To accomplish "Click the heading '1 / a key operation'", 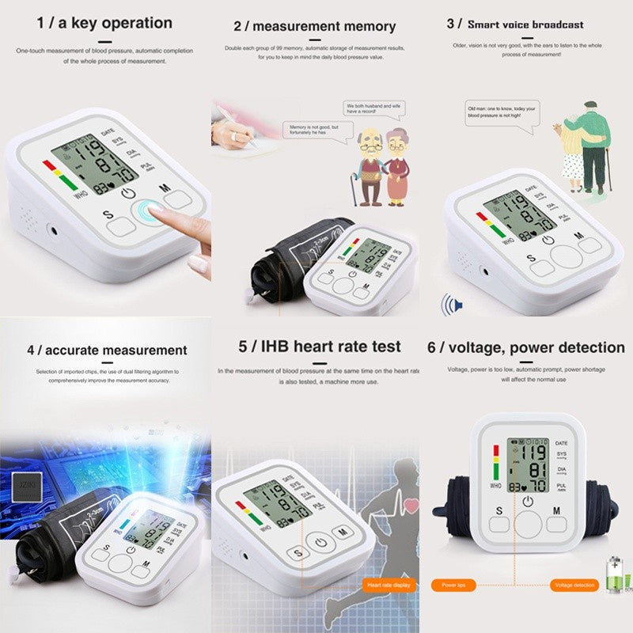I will tap(104, 23).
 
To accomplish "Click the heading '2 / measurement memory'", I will tap(314, 26).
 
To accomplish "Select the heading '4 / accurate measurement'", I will tap(107, 350).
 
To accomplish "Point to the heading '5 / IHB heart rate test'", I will tap(320, 347).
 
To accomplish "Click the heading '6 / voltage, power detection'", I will tap(526, 347).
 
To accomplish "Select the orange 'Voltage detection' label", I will tap(574, 585).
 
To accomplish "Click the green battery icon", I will tap(614, 573).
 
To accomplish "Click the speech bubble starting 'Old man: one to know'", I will tap(502, 112).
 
